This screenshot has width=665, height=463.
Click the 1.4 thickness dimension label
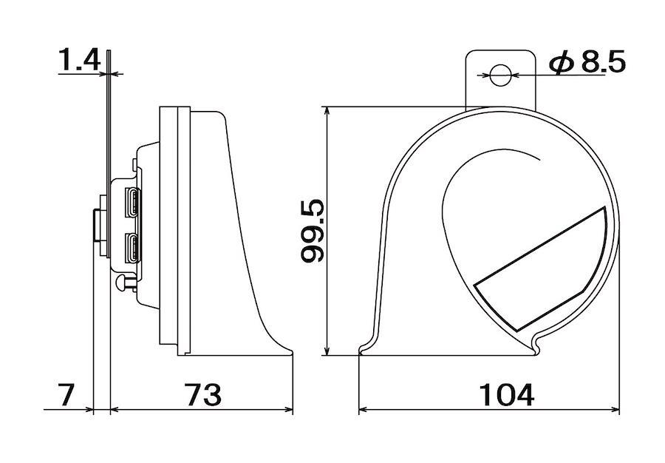78,59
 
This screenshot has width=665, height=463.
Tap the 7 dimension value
66,394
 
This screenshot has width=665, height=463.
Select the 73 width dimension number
202,394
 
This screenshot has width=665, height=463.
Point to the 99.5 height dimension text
312,231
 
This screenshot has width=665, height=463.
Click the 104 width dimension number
506,394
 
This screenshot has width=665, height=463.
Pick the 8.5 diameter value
603,62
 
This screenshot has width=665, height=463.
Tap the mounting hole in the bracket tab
500,75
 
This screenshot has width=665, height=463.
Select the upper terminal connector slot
131,202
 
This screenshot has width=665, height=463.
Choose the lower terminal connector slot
131,249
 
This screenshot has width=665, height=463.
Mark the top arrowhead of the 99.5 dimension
327,111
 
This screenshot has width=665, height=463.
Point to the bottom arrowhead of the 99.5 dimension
327,351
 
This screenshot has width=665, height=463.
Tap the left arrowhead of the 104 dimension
364,410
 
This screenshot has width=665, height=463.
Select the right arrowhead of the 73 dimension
288,410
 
